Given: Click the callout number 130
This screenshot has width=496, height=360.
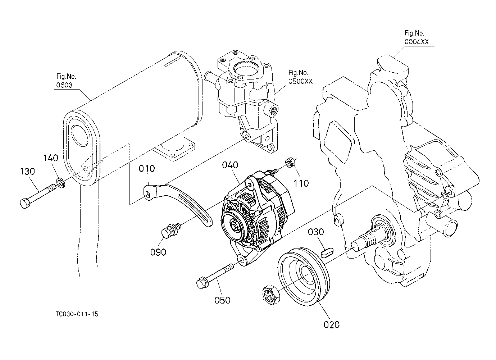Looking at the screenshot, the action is pos(27,171).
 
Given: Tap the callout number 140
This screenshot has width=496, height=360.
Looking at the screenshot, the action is pos(50,158).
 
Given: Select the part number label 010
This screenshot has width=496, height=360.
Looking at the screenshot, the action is pos(147,168).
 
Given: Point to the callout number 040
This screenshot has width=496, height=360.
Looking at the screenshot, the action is pos(230,165).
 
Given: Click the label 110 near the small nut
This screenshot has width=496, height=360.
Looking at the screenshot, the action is pos(301,183).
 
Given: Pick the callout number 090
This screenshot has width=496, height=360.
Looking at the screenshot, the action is pos(158,252).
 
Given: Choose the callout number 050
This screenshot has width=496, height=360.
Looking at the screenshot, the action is pos(222,300).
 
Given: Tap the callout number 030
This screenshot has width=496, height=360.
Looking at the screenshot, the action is pos(316,232).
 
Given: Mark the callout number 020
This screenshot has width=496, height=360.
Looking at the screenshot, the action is pos(332,325).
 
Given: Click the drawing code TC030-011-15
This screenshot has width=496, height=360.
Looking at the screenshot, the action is pos(77,314).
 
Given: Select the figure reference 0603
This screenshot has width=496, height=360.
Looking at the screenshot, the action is pos(64,85).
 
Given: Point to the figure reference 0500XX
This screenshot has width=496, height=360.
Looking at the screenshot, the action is pos(300,81).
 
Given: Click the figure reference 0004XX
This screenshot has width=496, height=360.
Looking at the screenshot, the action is pos(417,42).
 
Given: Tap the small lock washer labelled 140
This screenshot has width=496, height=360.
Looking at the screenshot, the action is pos(61,182).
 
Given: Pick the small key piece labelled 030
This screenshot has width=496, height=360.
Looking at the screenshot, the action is pos(326,253).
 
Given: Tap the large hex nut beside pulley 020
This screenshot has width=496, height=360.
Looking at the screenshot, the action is pos(271,295).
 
